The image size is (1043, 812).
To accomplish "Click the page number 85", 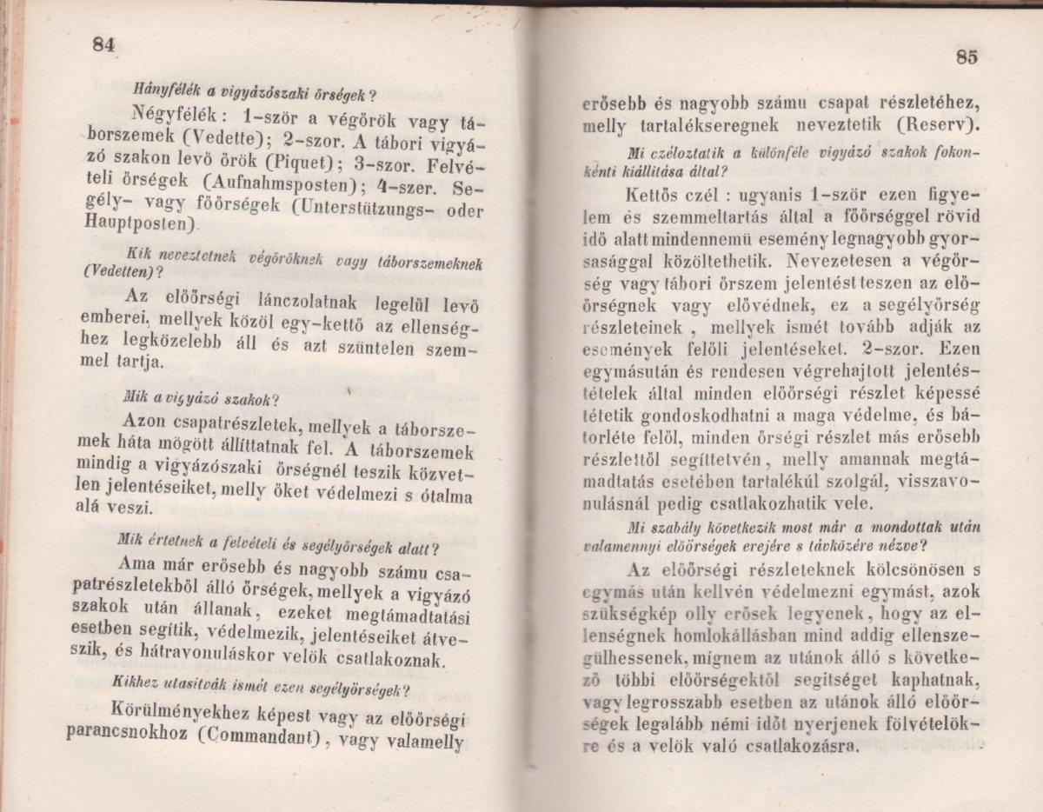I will click(967, 57).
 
